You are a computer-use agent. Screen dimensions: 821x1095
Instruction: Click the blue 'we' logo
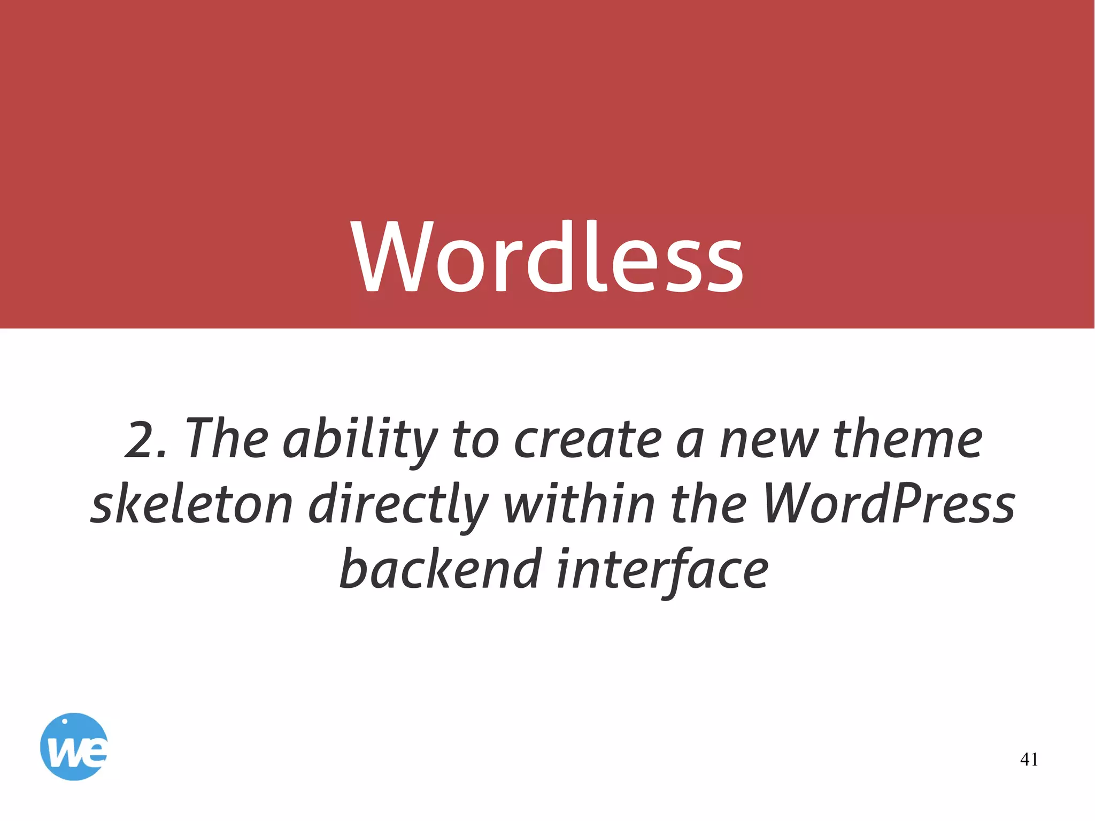74,747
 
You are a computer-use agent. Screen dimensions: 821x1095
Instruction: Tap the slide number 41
1029,759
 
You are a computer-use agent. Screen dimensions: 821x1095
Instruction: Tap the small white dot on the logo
65,721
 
